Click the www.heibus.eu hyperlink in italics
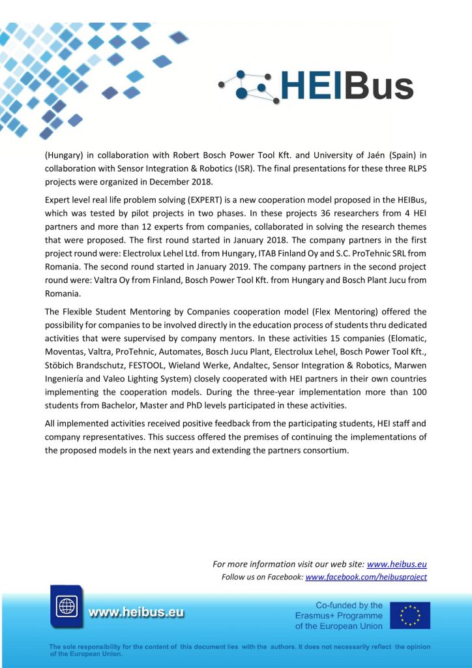pyautogui.click(x=396, y=564)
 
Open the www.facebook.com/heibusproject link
pyautogui.click(x=366, y=577)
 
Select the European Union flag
pyautogui.click(x=409, y=615)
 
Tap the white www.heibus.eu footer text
pyautogui.click(x=136, y=613)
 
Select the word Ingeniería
pyautogui.click(x=70, y=395)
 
